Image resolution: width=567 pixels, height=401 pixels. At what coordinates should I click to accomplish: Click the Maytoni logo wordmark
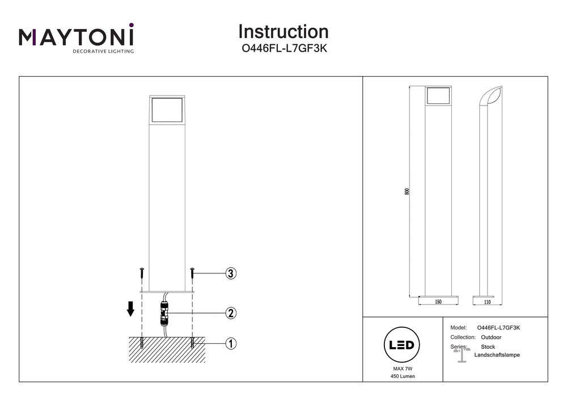(x=77, y=37)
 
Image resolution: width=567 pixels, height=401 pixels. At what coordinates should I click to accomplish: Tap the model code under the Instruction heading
(x=283, y=49)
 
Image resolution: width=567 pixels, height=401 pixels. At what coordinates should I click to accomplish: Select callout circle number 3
(x=230, y=273)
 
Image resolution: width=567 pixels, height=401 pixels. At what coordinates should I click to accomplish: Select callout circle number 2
(x=230, y=313)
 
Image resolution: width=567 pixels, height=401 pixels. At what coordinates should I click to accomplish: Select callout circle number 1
(x=230, y=343)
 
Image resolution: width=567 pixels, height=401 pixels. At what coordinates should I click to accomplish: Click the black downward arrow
(x=130, y=309)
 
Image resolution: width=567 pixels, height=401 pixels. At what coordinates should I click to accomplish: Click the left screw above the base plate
(x=141, y=273)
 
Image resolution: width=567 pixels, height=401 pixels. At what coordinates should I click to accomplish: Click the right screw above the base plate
(x=193, y=273)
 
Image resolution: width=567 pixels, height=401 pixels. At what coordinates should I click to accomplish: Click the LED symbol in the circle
(x=402, y=345)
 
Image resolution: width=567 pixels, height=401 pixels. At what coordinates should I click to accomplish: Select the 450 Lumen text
(x=402, y=377)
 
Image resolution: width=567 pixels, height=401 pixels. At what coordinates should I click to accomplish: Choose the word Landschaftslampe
(x=497, y=355)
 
